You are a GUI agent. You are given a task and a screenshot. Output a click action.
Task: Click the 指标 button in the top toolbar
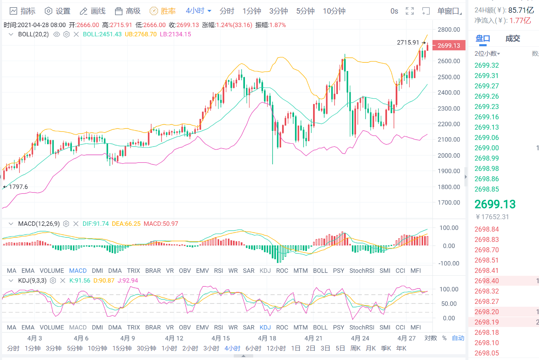(23, 11)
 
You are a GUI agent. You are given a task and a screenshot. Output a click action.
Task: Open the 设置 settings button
(58, 11)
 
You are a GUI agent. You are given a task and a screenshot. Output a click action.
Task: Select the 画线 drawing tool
(93, 11)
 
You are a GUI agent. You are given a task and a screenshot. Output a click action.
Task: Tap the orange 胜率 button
(164, 11)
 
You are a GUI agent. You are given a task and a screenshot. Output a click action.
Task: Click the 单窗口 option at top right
(449, 11)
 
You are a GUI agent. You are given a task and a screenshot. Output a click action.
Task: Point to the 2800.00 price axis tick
(449, 29)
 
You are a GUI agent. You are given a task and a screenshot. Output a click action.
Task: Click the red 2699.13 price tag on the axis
(449, 45)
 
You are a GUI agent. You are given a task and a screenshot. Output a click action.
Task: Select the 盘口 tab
(483, 39)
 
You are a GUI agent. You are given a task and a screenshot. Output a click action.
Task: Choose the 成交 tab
(513, 39)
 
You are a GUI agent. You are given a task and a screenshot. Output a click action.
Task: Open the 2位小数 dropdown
(487, 54)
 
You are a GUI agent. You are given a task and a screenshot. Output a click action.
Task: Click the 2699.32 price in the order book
(487, 65)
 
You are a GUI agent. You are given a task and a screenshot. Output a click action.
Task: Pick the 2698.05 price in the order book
(487, 353)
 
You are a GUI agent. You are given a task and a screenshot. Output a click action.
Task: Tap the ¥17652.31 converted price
(492, 217)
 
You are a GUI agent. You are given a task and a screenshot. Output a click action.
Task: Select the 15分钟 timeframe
(122, 348)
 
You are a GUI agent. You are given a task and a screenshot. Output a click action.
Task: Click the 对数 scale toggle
(431, 338)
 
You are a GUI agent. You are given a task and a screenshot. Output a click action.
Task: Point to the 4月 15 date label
(220, 338)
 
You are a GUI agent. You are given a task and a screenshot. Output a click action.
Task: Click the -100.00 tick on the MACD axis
(449, 263)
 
